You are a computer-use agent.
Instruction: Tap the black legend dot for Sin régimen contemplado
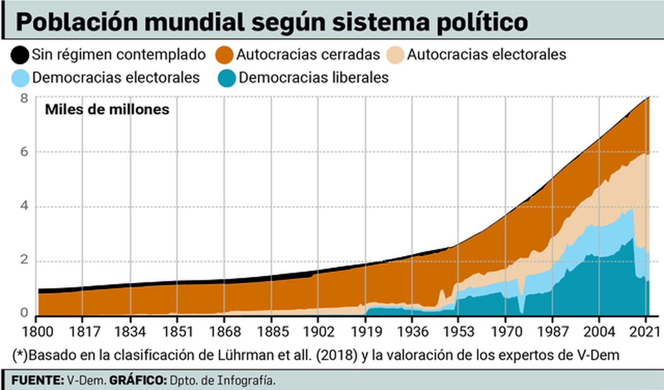(20, 55)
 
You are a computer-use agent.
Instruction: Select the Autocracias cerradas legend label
(308, 55)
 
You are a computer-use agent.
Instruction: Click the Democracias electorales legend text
(116, 78)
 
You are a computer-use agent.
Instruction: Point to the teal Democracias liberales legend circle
(227, 78)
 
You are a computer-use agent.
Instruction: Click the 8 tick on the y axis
(24, 98)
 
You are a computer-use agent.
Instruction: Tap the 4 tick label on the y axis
(24, 206)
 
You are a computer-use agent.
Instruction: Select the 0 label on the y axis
(24, 313)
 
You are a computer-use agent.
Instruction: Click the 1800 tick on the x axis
(37, 331)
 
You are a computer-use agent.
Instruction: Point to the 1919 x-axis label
(366, 331)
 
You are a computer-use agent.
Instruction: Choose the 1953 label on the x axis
(459, 331)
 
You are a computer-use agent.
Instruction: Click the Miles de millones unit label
(107, 110)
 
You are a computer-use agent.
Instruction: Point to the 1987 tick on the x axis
(552, 331)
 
